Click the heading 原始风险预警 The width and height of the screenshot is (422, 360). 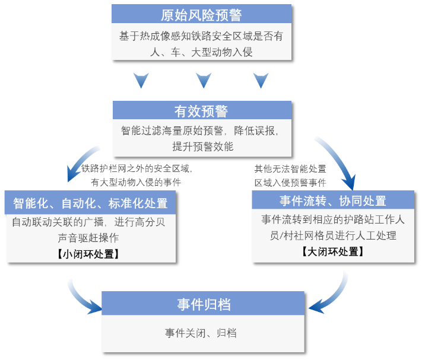tap(201, 15)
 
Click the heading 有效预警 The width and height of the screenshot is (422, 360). tap(201, 111)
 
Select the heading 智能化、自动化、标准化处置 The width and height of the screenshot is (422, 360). tap(90, 203)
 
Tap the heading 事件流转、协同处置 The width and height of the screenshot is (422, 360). tap(333, 200)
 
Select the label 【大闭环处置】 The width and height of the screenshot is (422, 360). tap(332, 251)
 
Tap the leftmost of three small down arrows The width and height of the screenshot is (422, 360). tap(141, 79)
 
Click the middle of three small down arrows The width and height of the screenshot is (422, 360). tap(204, 79)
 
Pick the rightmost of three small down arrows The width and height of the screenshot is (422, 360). tap(261, 79)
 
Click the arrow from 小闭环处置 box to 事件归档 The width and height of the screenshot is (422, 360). tap(83, 296)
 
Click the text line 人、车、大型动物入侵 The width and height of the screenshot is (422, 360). tap(201, 52)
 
